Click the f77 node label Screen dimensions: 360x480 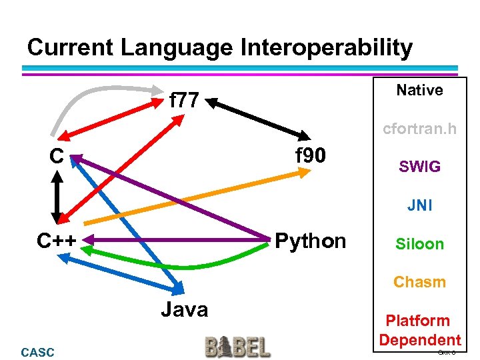[x=184, y=101]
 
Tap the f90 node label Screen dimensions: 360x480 [x=311, y=155]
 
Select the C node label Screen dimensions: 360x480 [x=57, y=156]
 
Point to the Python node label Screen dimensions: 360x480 [x=311, y=240]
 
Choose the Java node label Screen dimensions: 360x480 [x=184, y=309]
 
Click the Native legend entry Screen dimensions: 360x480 [x=419, y=90]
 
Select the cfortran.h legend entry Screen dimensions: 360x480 [x=419, y=129]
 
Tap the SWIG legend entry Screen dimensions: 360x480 [x=419, y=167]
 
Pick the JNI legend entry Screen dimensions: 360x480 [x=419, y=205]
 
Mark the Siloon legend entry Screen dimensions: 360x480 [x=419, y=244]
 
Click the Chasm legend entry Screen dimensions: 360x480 [x=419, y=282]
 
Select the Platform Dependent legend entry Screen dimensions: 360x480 [x=419, y=330]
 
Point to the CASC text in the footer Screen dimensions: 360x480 [x=38, y=352]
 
